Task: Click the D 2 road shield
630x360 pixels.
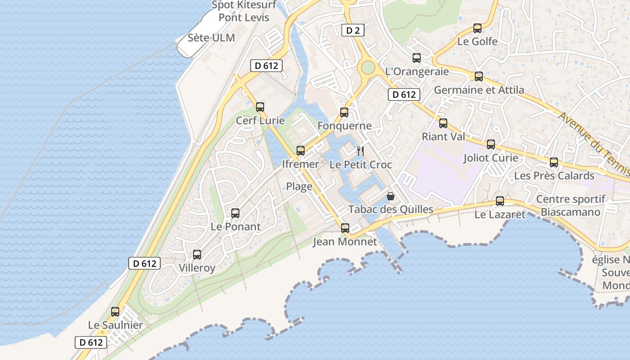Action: pyautogui.click(x=353, y=30)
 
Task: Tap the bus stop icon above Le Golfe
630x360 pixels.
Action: pyautogui.click(x=477, y=28)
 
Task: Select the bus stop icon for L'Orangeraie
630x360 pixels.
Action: pyautogui.click(x=417, y=58)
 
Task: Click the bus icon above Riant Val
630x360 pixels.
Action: pyautogui.click(x=443, y=123)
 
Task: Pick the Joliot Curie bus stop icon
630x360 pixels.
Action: pyautogui.click(x=491, y=144)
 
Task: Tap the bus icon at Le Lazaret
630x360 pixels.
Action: pyautogui.click(x=500, y=201)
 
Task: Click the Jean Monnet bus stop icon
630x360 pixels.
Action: pyautogui.click(x=345, y=228)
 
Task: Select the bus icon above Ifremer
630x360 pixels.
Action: pyautogui.click(x=301, y=151)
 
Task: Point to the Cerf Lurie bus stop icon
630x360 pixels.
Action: pyautogui.click(x=260, y=107)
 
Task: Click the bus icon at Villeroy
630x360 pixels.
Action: pyautogui.click(x=197, y=255)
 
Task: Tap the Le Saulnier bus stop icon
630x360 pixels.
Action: pyautogui.click(x=115, y=311)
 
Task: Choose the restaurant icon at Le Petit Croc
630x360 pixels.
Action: pyautogui.click(x=360, y=151)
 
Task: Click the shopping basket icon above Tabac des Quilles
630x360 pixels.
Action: pyautogui.click(x=391, y=196)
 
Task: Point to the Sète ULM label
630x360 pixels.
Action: pyautogui.click(x=211, y=38)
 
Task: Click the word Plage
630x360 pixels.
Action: pyautogui.click(x=299, y=186)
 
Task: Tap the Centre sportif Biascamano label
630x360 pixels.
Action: pyautogui.click(x=571, y=206)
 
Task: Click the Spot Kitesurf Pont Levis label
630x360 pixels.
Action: pyautogui.click(x=243, y=12)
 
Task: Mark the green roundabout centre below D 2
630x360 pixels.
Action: pyautogui.click(x=368, y=67)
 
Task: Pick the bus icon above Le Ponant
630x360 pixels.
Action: pyautogui.click(x=235, y=213)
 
